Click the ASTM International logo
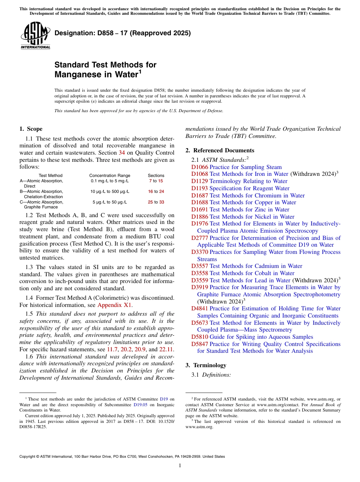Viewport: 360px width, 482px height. click(35, 36)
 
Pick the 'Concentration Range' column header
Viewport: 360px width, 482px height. click(110, 175)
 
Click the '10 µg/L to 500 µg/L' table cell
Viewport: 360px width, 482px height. click(110, 191)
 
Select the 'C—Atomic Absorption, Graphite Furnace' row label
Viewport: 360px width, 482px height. click(42, 205)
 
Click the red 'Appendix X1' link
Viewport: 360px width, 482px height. click(115, 305)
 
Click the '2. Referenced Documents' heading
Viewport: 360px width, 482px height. click(220, 150)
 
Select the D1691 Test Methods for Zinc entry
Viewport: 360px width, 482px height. click(240, 210)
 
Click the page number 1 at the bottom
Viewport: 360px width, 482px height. click(180, 465)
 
